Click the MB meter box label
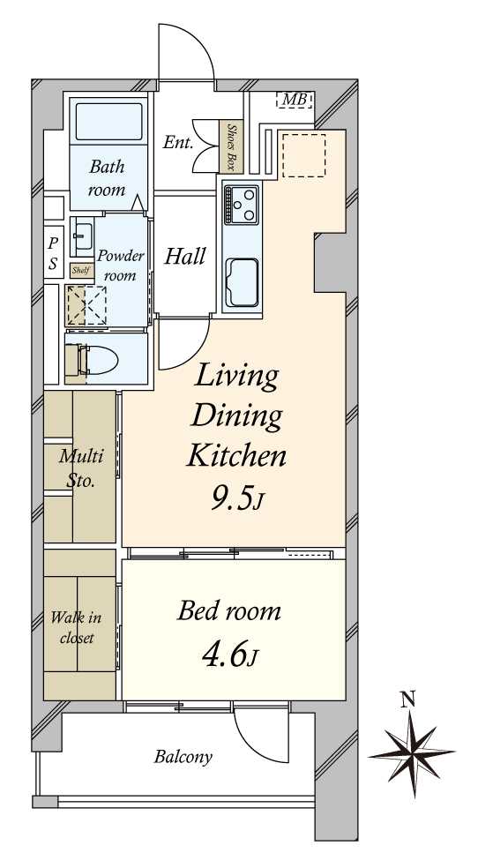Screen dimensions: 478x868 click(294, 101)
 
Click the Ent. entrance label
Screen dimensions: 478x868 click(177, 144)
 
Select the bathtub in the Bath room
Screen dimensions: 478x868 click(108, 121)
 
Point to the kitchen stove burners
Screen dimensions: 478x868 click(242, 205)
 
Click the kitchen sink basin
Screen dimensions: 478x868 click(242, 282)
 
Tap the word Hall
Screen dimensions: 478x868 click(185, 257)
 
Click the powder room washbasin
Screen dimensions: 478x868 click(83, 237)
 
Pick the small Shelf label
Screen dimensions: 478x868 click(80, 272)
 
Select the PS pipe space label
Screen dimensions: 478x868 click(53, 253)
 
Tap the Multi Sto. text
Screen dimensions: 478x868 click(81, 468)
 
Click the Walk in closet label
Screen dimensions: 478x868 click(77, 627)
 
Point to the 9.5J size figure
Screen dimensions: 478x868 click(235, 499)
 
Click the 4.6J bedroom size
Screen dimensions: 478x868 click(229, 656)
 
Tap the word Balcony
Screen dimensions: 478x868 click(183, 756)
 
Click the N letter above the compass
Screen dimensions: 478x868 click(408, 700)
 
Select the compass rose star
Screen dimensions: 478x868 click(412, 753)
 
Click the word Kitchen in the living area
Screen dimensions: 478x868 click(236, 457)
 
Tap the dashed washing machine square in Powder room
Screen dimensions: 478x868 click(86, 304)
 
